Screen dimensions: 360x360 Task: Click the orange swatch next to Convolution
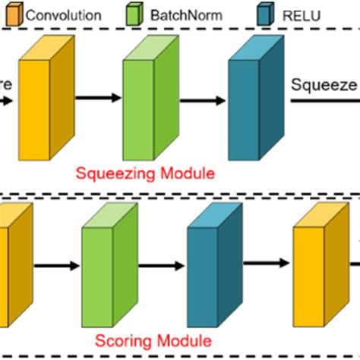(14, 14)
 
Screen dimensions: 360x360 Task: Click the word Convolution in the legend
(64, 14)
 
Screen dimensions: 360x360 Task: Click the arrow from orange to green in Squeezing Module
(96, 97)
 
